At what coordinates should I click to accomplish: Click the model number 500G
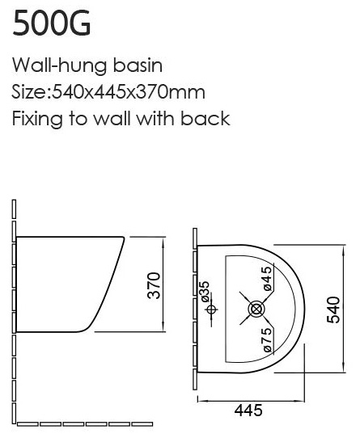pos(52,23)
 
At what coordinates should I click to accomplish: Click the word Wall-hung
pos(59,66)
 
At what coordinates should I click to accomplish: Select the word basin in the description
pos(138,65)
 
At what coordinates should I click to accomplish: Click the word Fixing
pos(37,120)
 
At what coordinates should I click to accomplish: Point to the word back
pos(205,118)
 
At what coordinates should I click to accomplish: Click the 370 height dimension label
pos(154,285)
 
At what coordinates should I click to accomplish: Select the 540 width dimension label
pos(333,310)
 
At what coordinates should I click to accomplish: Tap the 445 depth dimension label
pos(248,410)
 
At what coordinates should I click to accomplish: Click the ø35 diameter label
pos(205,292)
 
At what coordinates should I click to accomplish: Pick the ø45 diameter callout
pos(267,279)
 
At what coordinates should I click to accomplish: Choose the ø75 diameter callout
pos(268,339)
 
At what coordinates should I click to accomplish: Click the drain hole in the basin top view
pos(256,309)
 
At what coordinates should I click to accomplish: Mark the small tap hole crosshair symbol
pos(211,310)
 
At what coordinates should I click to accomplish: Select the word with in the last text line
pos(155,118)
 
